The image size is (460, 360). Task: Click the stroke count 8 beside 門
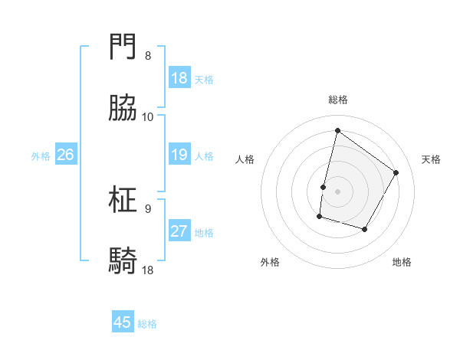pyautogui.click(x=148, y=56)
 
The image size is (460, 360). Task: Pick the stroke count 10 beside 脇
pyautogui.click(x=148, y=117)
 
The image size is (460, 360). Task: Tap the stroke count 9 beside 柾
pyautogui.click(x=148, y=208)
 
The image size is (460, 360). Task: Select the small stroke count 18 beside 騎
pyautogui.click(x=148, y=270)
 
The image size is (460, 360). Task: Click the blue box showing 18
pyautogui.click(x=179, y=78)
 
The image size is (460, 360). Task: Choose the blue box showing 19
pyautogui.click(x=179, y=155)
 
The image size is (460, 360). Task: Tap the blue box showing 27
pyautogui.click(x=179, y=231)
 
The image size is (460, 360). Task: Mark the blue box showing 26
pyautogui.click(x=65, y=155)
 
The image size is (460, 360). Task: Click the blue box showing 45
pyautogui.click(x=123, y=322)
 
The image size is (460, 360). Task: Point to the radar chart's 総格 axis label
pyautogui.click(x=337, y=100)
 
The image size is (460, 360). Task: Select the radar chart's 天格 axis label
pyautogui.click(x=432, y=159)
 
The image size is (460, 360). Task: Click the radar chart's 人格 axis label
pyautogui.click(x=245, y=159)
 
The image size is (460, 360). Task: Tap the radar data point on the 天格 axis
pyautogui.click(x=396, y=172)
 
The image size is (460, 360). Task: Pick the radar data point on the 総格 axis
pyautogui.click(x=337, y=131)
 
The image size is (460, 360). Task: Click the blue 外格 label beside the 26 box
pyautogui.click(x=41, y=155)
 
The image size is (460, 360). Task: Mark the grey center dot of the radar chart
pyautogui.click(x=337, y=191)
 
